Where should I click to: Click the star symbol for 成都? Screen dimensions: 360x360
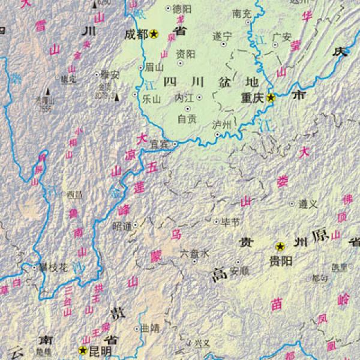point(154,34)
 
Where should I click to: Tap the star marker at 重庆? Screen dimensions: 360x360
point(271,97)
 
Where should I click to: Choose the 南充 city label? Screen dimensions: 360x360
point(242,13)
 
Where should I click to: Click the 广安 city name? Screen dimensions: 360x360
point(282,37)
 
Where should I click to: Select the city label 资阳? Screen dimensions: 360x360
point(186,54)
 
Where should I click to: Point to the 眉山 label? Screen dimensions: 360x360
point(154,68)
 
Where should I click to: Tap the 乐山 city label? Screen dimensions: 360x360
point(153,99)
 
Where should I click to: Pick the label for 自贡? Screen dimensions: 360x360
point(187,119)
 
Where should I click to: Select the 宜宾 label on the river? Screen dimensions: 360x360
point(159,144)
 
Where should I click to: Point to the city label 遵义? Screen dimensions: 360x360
point(307,204)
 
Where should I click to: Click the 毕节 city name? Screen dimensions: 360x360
point(231,222)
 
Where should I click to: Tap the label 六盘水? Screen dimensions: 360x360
point(195,254)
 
